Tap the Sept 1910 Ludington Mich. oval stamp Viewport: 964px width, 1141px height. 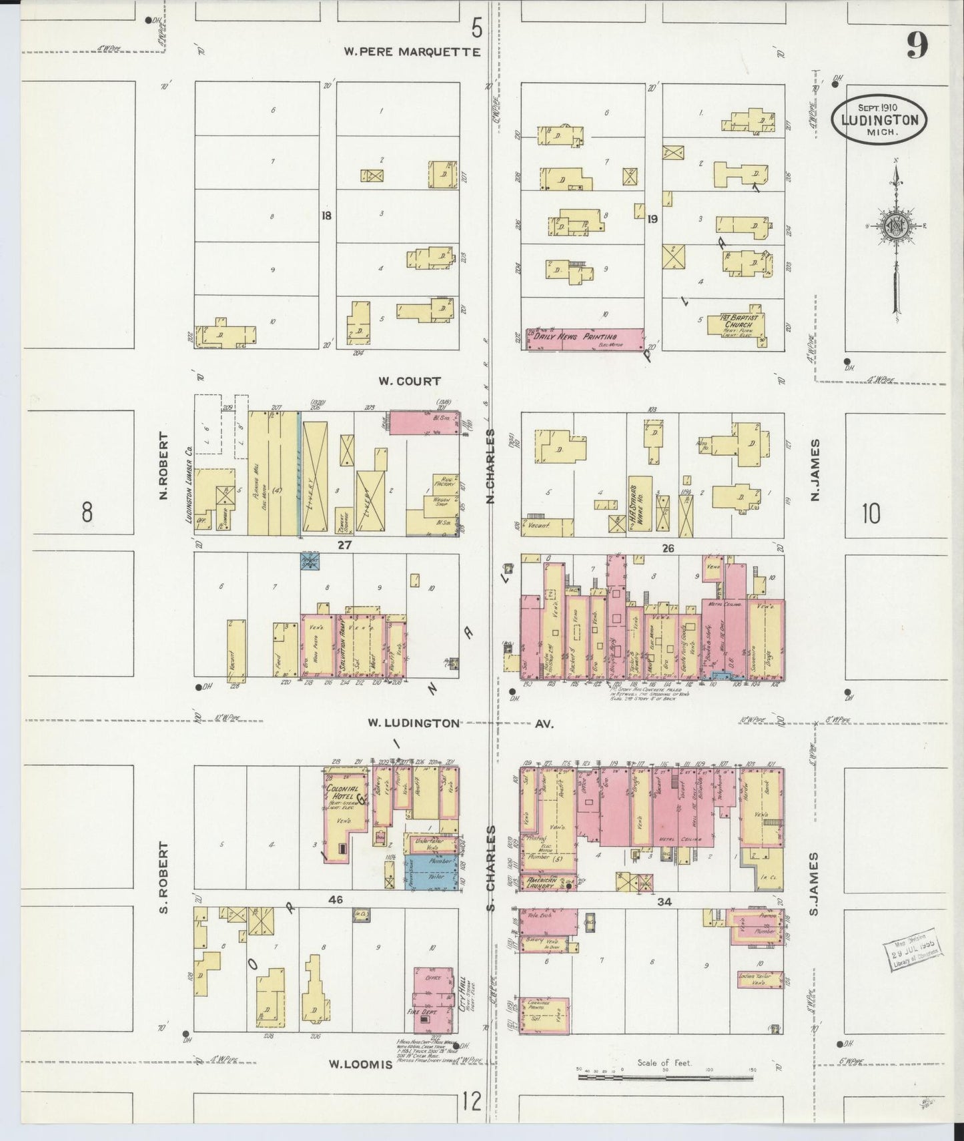(879, 119)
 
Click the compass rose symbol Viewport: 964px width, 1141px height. (895, 226)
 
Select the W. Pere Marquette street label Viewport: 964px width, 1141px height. (412, 52)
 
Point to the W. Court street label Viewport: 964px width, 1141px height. (410, 381)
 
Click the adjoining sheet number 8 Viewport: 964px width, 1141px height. (87, 512)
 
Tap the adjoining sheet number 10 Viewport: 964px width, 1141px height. (871, 514)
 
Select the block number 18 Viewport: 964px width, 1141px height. (326, 216)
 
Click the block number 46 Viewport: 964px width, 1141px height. (336, 899)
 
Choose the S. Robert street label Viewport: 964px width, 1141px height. (164, 877)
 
